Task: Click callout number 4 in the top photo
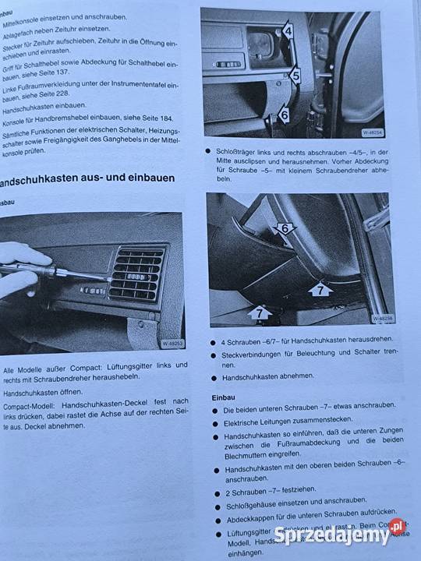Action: click(x=287, y=32)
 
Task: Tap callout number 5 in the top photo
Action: click(x=295, y=76)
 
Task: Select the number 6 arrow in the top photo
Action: click(x=283, y=115)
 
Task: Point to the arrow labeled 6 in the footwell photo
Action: click(x=285, y=228)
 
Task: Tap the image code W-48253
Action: click(x=173, y=343)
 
